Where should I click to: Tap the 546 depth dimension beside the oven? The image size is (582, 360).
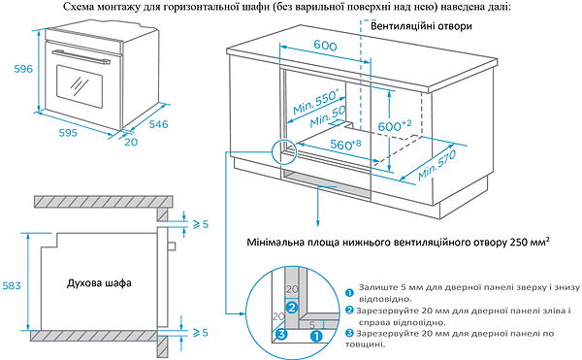click(x=159, y=123)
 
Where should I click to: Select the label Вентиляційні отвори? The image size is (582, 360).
click(x=416, y=27)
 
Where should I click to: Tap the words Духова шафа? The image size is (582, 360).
click(x=100, y=282)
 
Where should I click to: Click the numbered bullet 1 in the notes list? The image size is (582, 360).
click(x=348, y=291)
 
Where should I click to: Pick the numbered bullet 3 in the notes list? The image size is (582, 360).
click(x=348, y=333)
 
